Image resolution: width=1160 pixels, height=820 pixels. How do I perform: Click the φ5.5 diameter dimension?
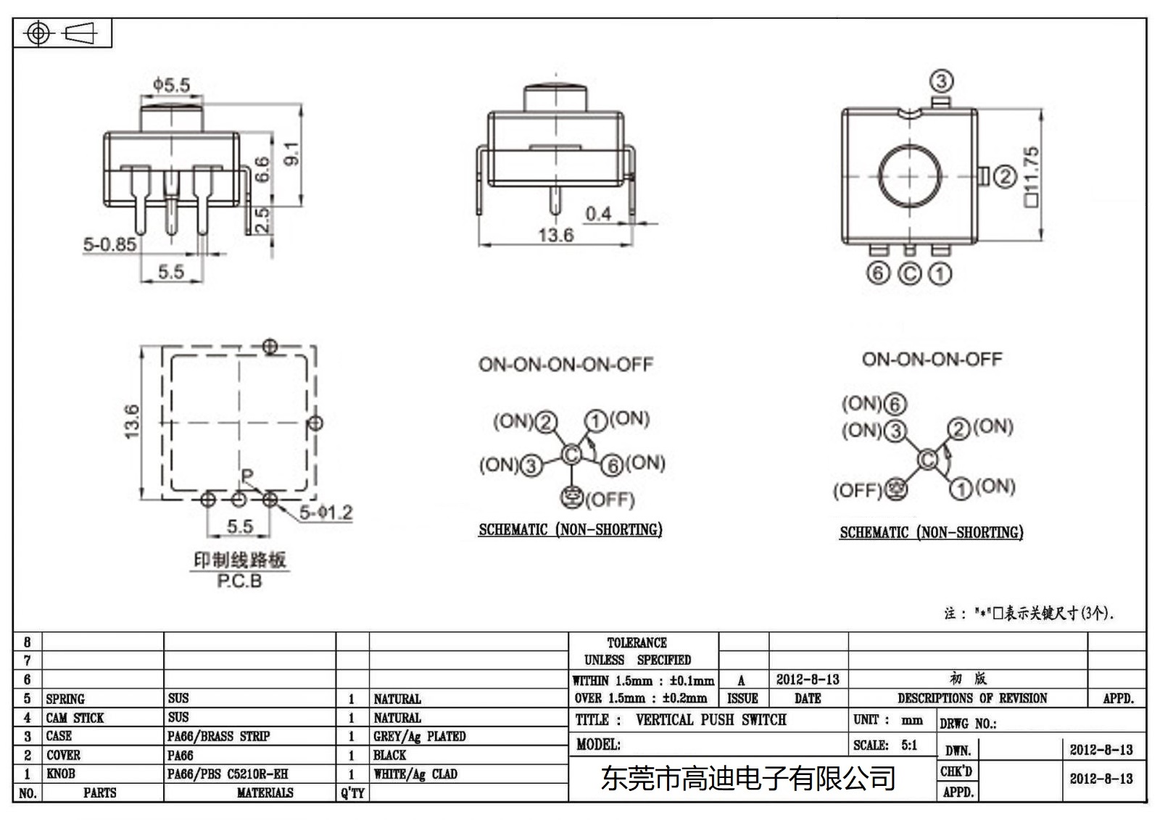171,85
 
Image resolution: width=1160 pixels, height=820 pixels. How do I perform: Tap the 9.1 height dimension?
291,153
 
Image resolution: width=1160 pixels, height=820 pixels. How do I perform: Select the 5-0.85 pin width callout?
109,244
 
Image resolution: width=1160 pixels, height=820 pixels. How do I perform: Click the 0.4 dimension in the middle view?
598,214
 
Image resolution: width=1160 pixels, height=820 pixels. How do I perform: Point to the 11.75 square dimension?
1031,176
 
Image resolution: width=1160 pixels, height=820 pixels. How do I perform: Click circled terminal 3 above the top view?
941,81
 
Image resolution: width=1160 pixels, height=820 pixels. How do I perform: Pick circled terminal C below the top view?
909,273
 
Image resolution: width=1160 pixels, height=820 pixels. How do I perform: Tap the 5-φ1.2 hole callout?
326,513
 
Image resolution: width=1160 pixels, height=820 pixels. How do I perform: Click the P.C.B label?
239,581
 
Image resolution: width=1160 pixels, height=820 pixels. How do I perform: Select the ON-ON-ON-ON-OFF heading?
565,364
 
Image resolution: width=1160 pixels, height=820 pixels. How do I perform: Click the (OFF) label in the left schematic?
610,500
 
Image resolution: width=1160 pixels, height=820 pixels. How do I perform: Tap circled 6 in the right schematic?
896,404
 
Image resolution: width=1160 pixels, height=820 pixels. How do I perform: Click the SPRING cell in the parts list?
65,699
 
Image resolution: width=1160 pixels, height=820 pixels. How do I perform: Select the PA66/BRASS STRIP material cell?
218,737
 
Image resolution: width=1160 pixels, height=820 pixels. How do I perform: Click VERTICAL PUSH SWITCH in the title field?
710,720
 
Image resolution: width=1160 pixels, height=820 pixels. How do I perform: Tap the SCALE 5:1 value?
909,745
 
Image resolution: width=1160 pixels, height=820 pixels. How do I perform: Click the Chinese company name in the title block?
748,779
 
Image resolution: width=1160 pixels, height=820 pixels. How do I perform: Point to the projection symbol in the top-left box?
62,33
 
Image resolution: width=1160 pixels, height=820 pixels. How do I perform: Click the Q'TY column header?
352,793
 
